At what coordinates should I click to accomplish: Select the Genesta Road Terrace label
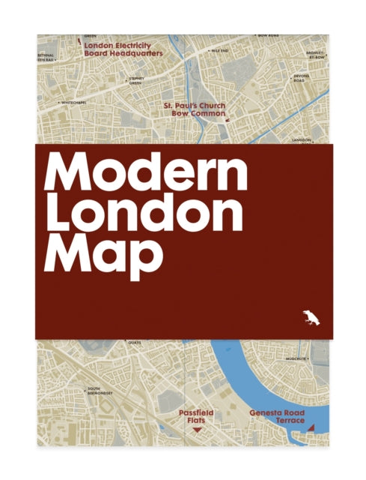pos(276,417)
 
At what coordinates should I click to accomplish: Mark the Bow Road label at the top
pos(268,35)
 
